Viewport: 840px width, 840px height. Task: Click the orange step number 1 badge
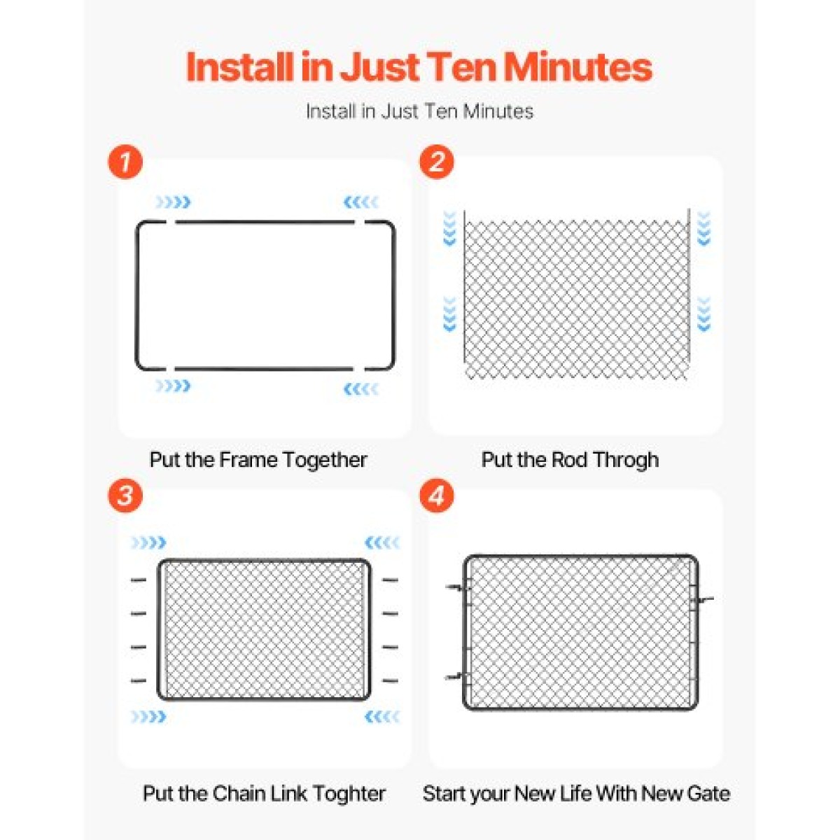[x=125, y=162]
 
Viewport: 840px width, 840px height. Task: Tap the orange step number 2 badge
[x=436, y=162]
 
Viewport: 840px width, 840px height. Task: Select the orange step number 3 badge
[x=125, y=496]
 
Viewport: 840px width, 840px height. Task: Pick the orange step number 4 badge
[x=436, y=496]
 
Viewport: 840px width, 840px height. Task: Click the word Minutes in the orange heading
[x=574, y=68]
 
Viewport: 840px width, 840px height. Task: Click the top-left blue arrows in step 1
[x=174, y=202]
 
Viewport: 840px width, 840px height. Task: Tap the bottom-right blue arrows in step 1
[x=361, y=388]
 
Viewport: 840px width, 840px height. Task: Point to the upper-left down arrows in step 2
[x=449, y=228]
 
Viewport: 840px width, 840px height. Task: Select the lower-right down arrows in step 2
[x=704, y=314]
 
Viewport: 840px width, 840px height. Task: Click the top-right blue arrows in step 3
[x=382, y=542]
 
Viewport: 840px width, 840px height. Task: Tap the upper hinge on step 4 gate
[x=458, y=587]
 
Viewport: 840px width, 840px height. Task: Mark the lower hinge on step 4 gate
[x=458, y=676]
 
